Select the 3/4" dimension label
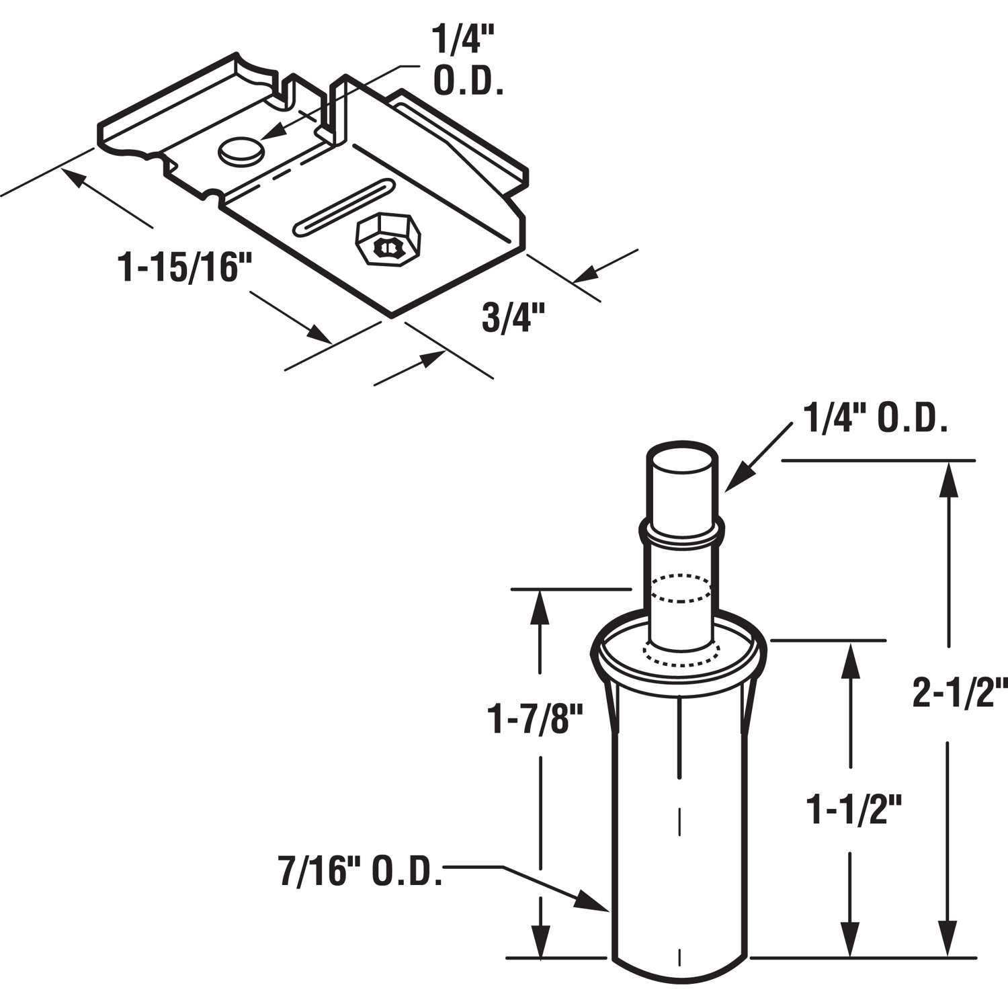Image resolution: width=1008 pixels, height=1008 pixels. [513, 318]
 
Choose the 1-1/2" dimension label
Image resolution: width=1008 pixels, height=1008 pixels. [852, 810]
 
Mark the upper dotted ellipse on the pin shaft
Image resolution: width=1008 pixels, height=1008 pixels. [681, 587]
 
